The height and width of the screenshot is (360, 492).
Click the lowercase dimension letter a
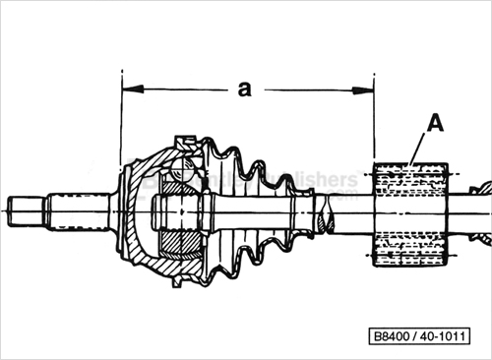point(244,89)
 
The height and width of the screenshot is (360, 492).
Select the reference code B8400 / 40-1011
point(428,334)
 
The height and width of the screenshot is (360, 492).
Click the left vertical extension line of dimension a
point(120,118)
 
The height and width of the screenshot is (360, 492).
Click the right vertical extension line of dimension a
point(375,118)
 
